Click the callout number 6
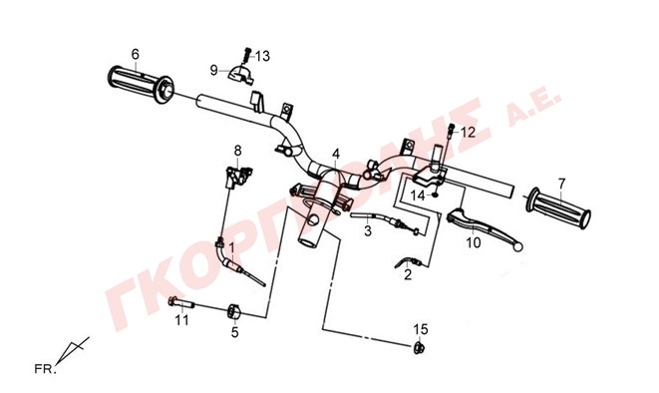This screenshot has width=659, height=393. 135,54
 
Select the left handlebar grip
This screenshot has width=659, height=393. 141,84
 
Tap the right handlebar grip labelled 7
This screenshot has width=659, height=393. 558,208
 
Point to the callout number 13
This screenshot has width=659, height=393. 262,56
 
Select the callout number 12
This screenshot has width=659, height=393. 468,133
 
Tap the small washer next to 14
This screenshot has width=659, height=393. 436,195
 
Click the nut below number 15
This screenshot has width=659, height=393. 419,348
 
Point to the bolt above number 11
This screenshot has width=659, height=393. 181,302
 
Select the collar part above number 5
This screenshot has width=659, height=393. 234,311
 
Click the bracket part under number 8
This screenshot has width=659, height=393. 237,176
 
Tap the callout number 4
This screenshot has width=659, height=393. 335,154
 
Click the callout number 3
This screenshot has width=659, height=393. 368,230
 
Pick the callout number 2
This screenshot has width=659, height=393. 408,275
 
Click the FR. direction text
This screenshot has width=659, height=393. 45,369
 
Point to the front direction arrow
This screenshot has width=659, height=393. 73,350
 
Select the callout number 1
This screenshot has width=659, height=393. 231,248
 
